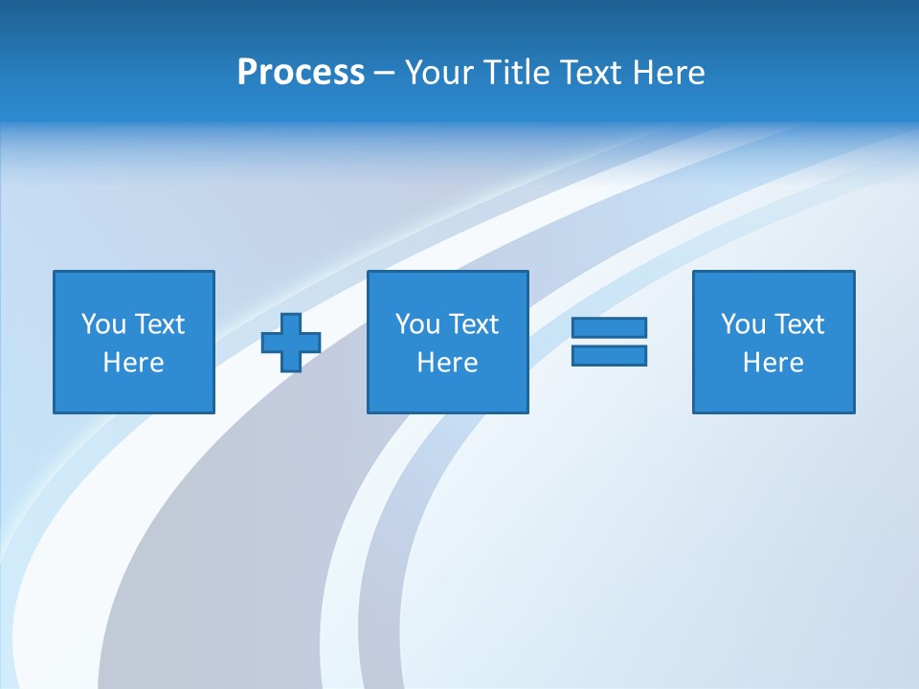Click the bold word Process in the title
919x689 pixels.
[x=301, y=73]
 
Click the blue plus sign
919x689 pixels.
[x=291, y=343]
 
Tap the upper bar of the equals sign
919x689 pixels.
[x=609, y=327]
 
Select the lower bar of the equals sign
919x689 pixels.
[x=609, y=355]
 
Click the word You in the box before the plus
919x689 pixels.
[x=103, y=324]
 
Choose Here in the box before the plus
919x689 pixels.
[x=133, y=363]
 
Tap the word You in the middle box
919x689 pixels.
[x=417, y=324]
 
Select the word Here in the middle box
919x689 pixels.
[x=447, y=363]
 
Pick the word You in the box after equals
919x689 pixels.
[x=743, y=324]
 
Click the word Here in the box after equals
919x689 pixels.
[x=773, y=363]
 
